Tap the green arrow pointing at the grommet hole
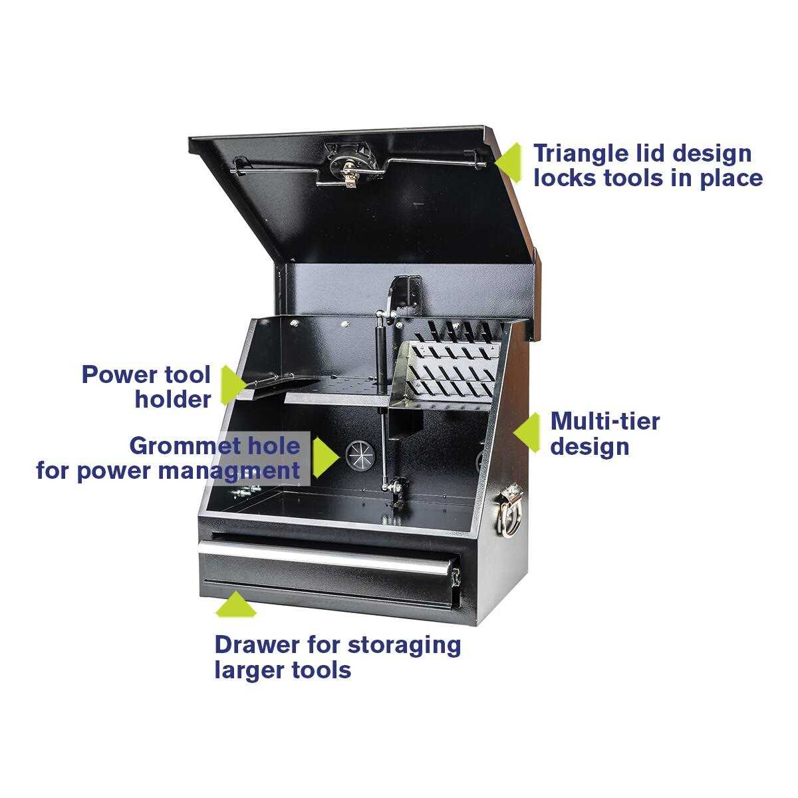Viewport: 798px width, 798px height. tap(324, 457)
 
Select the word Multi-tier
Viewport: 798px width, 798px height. tap(604, 421)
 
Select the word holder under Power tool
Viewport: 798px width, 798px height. tap(172, 400)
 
